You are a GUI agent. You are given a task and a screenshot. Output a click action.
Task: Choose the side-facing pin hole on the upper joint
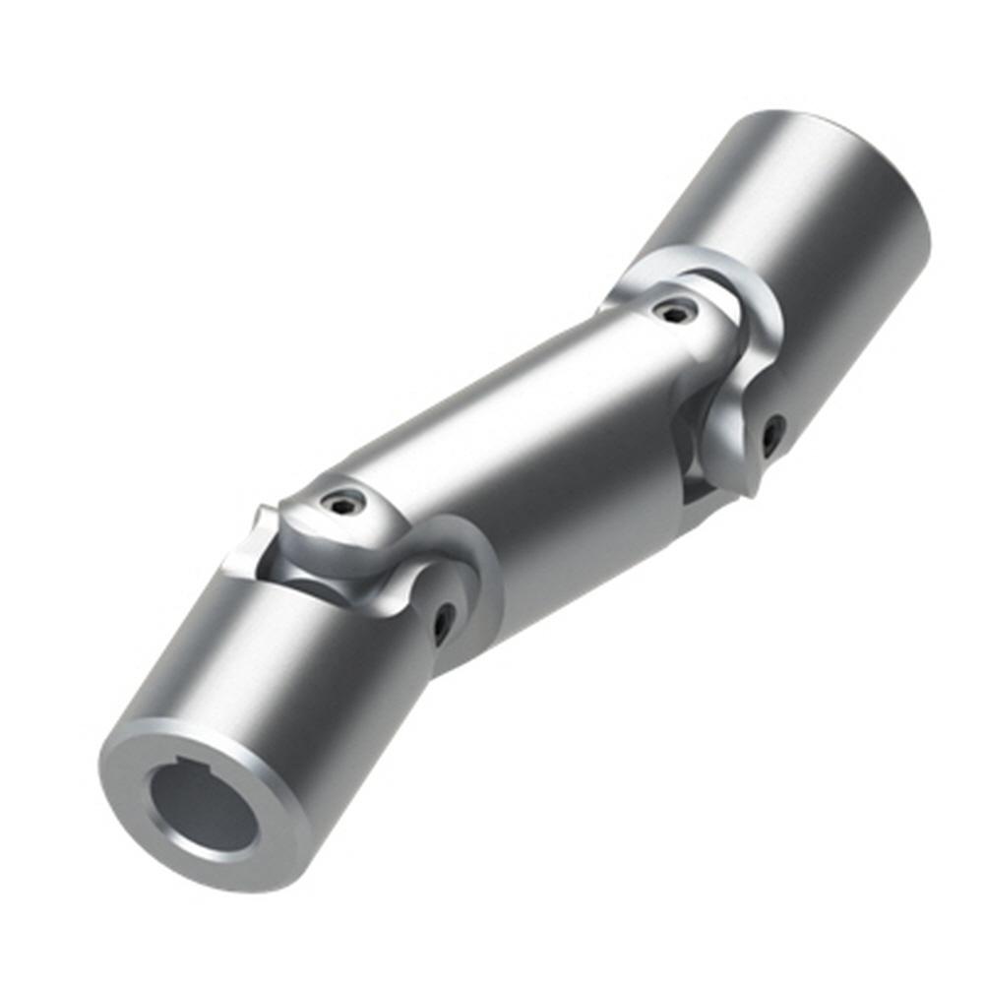[773, 433]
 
